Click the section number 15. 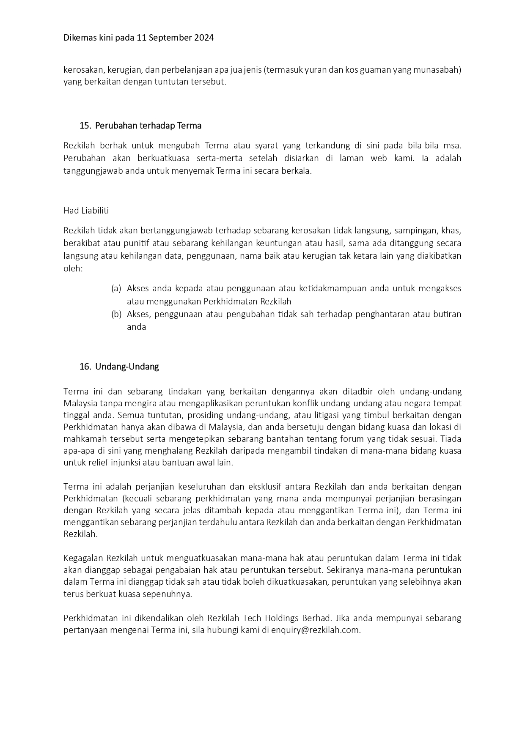pos(85,126)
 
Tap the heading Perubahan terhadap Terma pos(148,126)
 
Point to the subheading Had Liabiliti pos(86,210)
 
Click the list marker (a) pos(116,289)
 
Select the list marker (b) pos(116,314)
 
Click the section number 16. pos(85,367)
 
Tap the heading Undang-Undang pos(127,367)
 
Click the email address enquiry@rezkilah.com pos(316,630)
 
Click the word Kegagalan pos(83,558)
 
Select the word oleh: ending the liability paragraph pos(73,268)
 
